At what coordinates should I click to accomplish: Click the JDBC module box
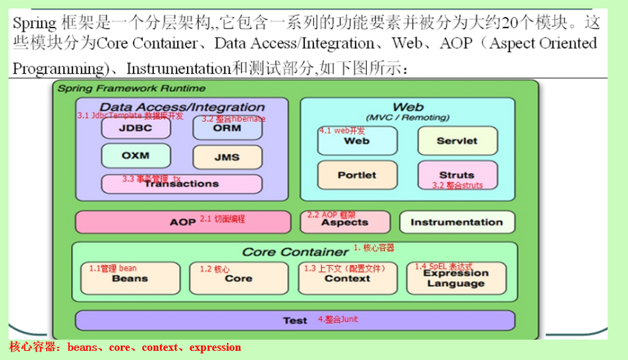pos(136,128)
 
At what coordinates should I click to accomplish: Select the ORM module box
pos(227,128)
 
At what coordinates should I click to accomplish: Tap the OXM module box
pos(136,156)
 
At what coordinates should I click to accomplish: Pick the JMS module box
pos(227,157)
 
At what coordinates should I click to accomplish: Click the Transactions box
pos(181,184)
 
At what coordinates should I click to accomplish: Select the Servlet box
pos(456,140)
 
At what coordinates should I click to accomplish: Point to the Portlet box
pos(357,175)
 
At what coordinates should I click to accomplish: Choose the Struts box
pos(456,175)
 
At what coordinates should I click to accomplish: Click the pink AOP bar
pos(182,222)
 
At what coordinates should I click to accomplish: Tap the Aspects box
pos(344,222)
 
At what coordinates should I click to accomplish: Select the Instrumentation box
pos(456,222)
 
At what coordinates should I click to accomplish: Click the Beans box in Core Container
pos(130,278)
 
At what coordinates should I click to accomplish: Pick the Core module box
pos(238,278)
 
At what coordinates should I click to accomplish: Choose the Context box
pos(348,278)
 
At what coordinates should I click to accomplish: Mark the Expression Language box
pos(456,278)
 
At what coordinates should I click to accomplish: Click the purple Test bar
pos(295,321)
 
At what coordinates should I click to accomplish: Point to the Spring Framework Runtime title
pos(131,88)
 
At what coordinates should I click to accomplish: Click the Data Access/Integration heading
pos(182,107)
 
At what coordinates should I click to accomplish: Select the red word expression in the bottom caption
pos(215,347)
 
